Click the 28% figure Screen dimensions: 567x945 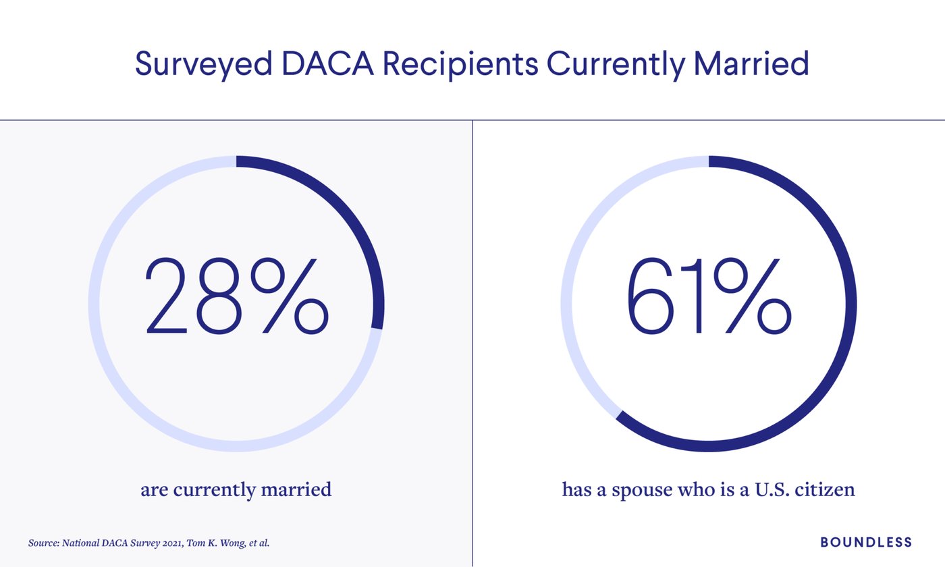pos(236,297)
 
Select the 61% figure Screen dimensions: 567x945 pos(709,297)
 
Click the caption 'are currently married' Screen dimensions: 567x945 pos(236,489)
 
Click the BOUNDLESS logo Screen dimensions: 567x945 pos(866,542)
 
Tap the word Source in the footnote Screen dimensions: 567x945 pos(42,543)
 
